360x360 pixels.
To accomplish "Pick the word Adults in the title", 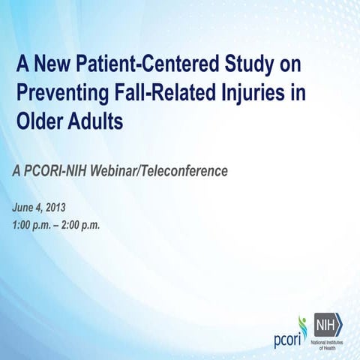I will coord(96,122).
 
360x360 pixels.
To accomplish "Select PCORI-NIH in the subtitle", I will coord(54,172).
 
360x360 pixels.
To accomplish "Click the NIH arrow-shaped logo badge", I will coord(327,323).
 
